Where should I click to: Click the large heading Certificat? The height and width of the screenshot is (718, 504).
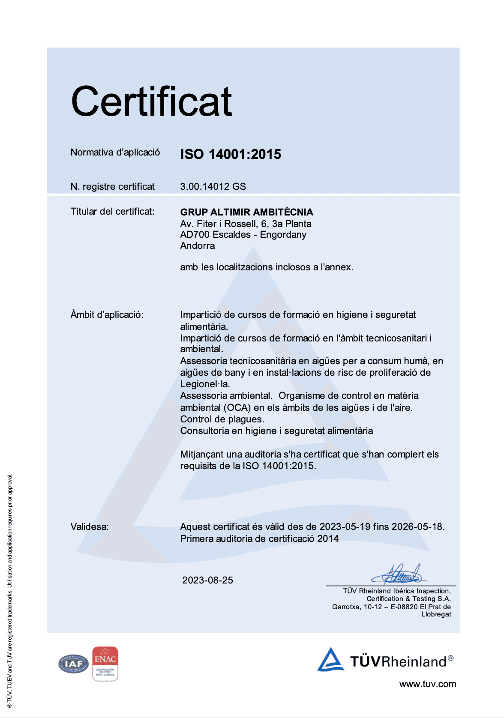(x=151, y=102)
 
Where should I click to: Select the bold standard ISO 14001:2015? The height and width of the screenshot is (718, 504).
(x=231, y=154)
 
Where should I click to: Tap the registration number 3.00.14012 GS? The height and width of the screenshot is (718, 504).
(x=213, y=186)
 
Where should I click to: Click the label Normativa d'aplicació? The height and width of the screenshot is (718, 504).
(x=115, y=153)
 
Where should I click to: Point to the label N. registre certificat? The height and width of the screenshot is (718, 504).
(x=112, y=187)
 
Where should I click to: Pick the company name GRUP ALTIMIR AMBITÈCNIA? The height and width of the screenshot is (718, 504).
(x=246, y=212)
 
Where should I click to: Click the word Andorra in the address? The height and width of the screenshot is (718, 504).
(x=198, y=246)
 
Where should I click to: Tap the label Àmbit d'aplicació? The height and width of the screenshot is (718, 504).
(x=107, y=315)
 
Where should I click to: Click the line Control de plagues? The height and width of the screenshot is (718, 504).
(x=222, y=419)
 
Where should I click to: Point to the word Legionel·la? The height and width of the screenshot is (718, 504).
(x=205, y=384)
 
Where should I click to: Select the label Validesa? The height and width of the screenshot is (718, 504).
(x=89, y=527)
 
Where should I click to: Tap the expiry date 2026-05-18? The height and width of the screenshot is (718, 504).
(x=418, y=527)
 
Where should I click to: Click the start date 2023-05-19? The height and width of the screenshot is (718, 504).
(x=345, y=527)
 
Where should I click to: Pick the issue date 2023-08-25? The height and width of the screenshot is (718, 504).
(x=207, y=580)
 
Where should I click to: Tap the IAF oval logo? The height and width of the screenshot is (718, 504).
(x=73, y=664)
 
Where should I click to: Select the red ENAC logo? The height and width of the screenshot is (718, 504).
(x=105, y=664)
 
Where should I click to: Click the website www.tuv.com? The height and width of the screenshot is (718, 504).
(x=427, y=684)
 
